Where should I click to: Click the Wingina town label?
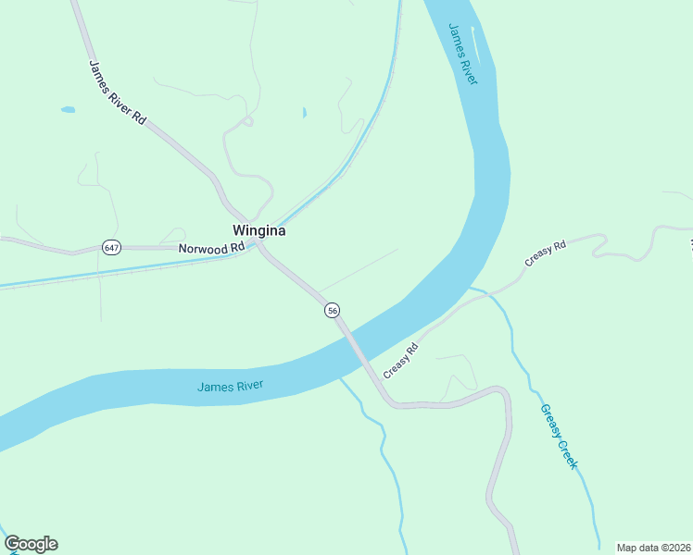pyautogui.click(x=258, y=231)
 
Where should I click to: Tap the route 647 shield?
pyautogui.click(x=111, y=248)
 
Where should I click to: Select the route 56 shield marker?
pyautogui.click(x=333, y=311)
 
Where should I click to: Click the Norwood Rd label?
pyautogui.click(x=211, y=248)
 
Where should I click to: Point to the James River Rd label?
pyautogui.click(x=118, y=93)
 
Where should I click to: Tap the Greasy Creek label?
pyautogui.click(x=558, y=436)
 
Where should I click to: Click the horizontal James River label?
pyautogui.click(x=231, y=386)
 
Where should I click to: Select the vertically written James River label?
pyautogui.click(x=462, y=54)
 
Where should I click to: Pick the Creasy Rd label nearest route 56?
pyautogui.click(x=401, y=359)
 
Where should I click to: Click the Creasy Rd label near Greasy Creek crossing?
pyautogui.click(x=545, y=254)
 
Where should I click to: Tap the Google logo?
pyautogui.click(x=31, y=544)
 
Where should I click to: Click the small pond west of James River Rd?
pyautogui.click(x=68, y=110)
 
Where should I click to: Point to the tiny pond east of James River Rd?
pyautogui.click(x=304, y=114)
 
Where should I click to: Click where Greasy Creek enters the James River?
pyautogui.click(x=470, y=289)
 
